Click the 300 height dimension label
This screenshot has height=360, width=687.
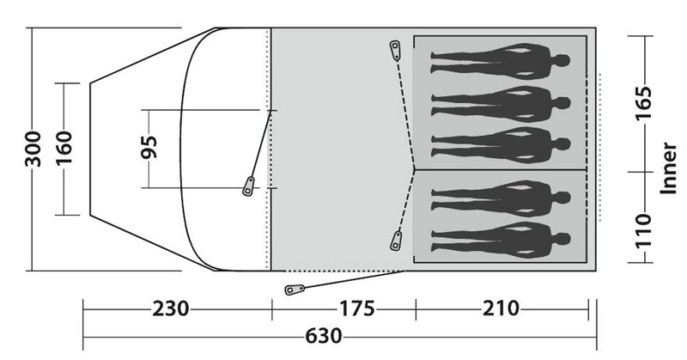point(33,149)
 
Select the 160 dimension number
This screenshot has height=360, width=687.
point(64,148)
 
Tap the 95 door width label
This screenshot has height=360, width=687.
point(149,147)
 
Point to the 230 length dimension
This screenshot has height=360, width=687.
point(171,308)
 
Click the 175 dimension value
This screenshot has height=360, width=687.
point(356,308)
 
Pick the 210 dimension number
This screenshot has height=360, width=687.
point(501,308)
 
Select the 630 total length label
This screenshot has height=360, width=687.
point(324,336)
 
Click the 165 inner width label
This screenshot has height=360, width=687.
point(644,103)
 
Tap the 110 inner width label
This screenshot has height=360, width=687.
point(644,231)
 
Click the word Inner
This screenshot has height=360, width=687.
point(669,168)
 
